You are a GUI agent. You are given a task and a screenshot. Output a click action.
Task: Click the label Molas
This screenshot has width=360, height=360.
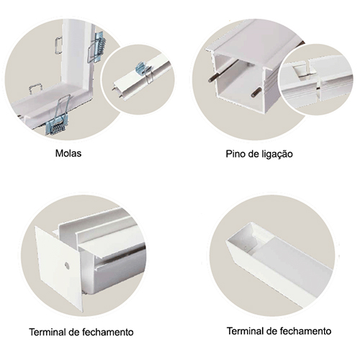(68, 153)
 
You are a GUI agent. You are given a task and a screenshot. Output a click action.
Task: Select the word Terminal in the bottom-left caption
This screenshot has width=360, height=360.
(48, 332)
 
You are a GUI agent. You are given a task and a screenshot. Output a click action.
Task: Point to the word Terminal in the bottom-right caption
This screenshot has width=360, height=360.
(245, 331)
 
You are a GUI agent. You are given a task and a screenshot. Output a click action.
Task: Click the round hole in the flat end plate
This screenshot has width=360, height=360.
(67, 266)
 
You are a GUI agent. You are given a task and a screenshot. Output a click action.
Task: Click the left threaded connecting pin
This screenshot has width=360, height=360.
(223, 71)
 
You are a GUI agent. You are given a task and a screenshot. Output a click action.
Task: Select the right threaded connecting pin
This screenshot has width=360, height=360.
(256, 92)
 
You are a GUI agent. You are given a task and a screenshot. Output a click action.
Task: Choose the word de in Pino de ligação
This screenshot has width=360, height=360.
(253, 154)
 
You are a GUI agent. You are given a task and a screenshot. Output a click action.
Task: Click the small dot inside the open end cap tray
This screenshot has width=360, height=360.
(246, 248)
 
